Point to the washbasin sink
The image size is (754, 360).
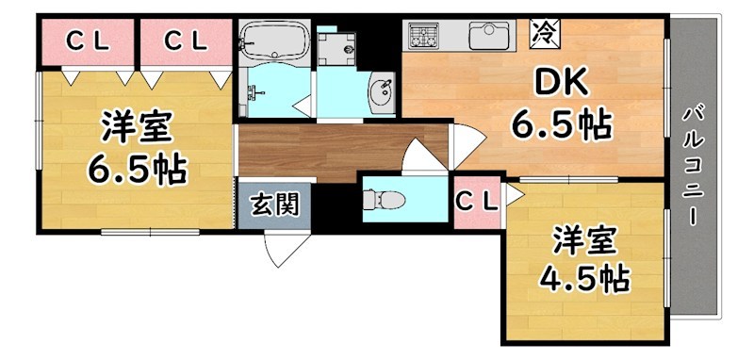click(x=382, y=92)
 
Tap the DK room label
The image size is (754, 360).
click(x=562, y=85)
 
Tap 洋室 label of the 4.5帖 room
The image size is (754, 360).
click(x=583, y=240)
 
